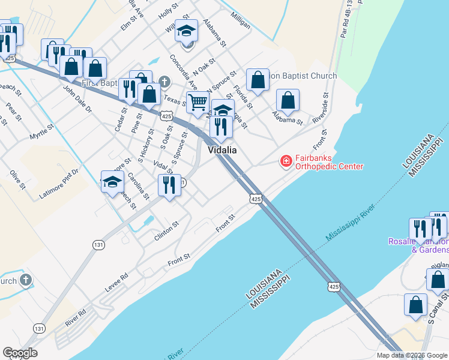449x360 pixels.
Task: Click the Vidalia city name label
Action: pyautogui.click(x=222, y=150)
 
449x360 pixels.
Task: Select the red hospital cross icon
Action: pyautogui.click(x=286, y=161)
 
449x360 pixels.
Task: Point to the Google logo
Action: pyautogui.click(x=20, y=353)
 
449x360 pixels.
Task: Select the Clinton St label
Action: pyautogui.click(x=166, y=231)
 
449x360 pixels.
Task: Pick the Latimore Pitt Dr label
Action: pyautogui.click(x=59, y=184)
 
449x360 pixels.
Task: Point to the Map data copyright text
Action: pyautogui.click(x=412, y=355)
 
